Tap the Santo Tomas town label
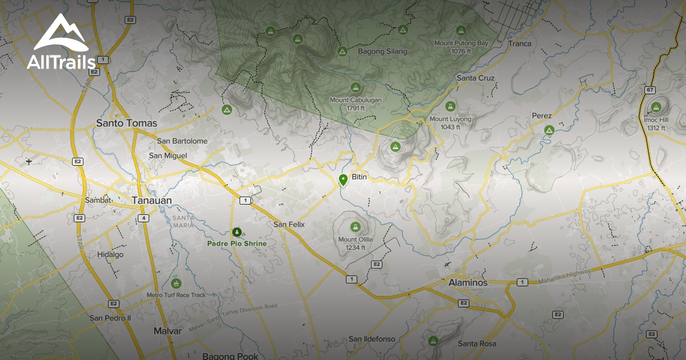click(126, 123)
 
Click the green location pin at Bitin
click(343, 180)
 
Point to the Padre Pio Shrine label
click(237, 243)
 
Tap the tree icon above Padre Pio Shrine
click(237, 232)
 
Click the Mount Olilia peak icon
click(355, 227)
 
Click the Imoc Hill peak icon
click(656, 107)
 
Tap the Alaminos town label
click(468, 283)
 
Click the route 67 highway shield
click(649, 90)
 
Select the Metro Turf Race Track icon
click(176, 283)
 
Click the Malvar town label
click(167, 331)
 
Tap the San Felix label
click(289, 225)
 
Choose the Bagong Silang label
click(382, 51)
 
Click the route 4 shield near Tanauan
click(144, 218)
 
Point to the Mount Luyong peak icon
click(450, 106)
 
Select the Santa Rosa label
click(477, 343)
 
